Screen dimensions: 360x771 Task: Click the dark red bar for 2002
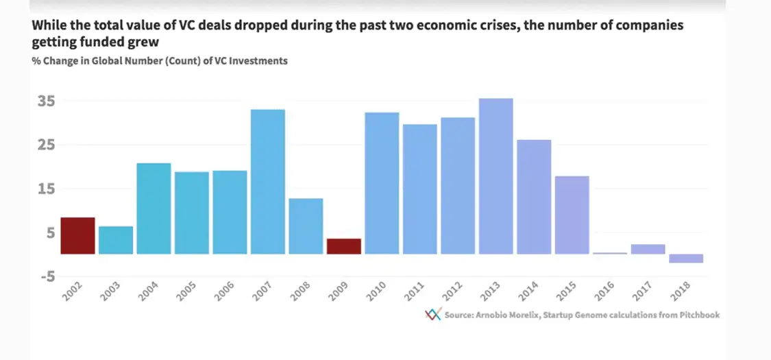click(78, 235)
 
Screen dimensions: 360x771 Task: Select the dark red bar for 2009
click(344, 246)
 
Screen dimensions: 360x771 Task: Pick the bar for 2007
click(268, 182)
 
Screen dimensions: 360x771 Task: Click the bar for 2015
click(572, 215)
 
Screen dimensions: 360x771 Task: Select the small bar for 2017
click(648, 249)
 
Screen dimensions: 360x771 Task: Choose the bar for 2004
click(154, 208)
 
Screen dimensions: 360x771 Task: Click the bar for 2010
click(382, 183)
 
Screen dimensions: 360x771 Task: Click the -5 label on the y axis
click(46, 276)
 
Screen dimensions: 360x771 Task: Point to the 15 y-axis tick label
click(46, 189)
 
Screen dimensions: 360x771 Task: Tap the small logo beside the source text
click(432, 315)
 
